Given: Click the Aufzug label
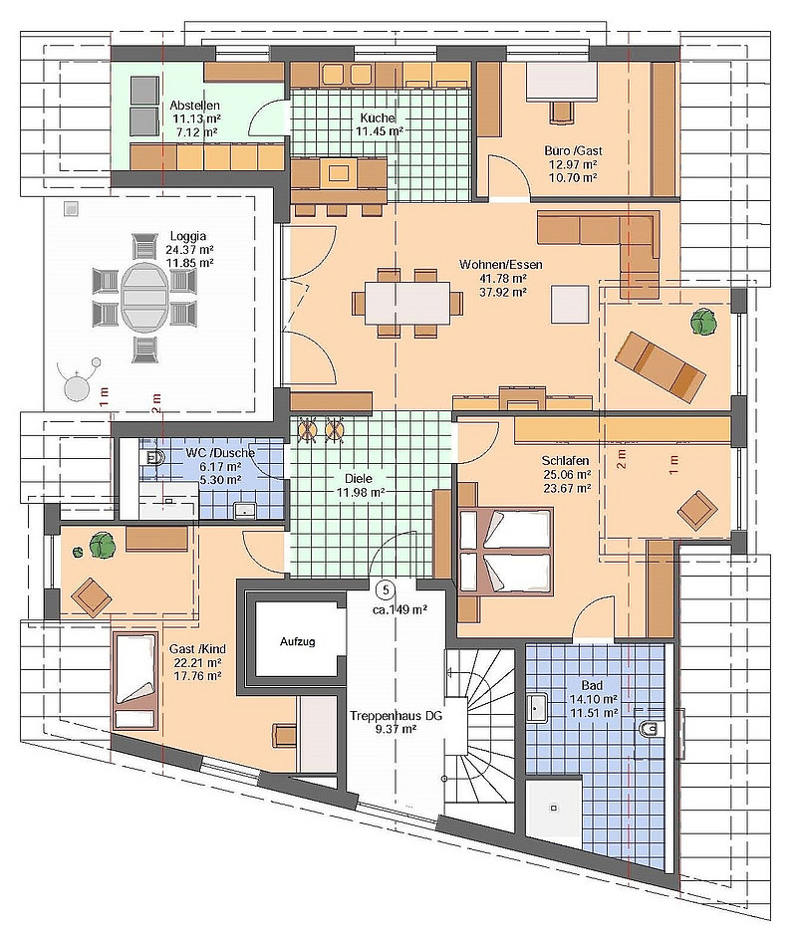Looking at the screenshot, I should [297, 642].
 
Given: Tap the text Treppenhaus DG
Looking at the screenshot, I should [396, 716].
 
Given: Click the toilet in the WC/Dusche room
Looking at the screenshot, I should [153, 458].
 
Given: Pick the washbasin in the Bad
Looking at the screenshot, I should [538, 707].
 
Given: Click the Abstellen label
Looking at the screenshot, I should [194, 106].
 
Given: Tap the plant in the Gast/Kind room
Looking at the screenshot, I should [101, 545].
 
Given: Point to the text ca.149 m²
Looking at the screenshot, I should [399, 609].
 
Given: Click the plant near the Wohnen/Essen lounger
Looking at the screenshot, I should [704, 323].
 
